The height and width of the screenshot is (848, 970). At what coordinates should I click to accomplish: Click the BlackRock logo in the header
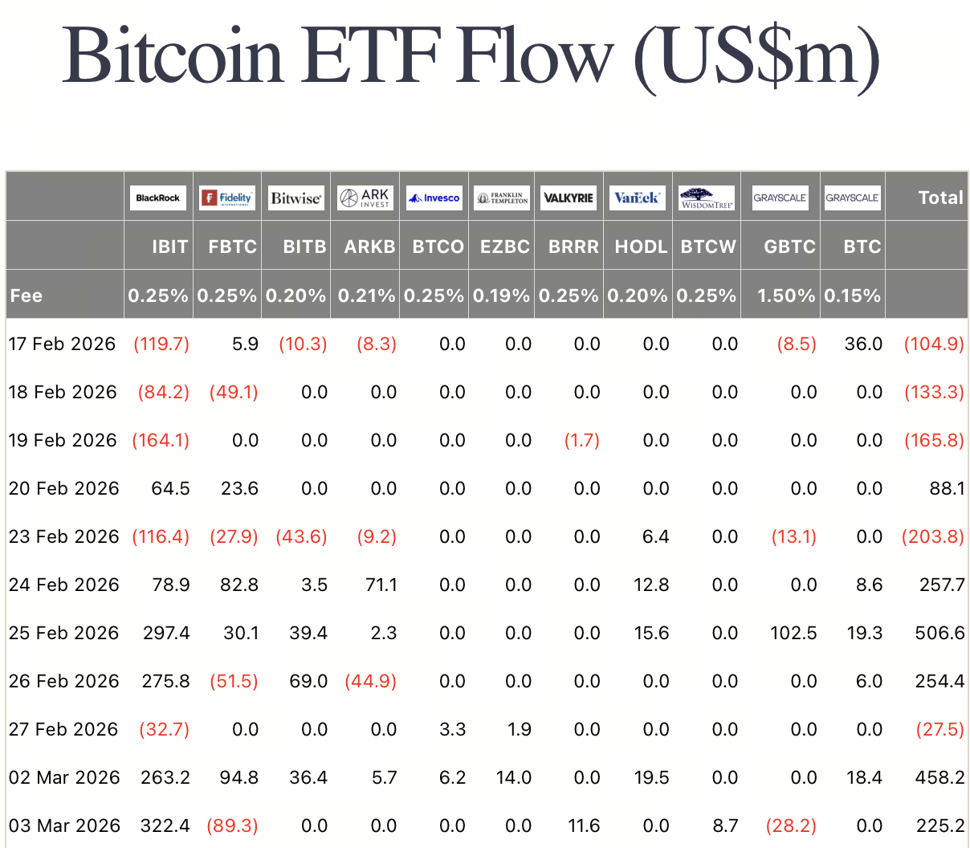tap(157, 198)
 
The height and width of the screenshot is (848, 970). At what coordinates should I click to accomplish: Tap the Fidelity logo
tap(227, 198)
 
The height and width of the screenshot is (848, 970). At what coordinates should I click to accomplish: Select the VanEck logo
tap(637, 198)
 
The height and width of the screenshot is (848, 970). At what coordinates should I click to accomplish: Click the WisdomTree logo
tap(707, 198)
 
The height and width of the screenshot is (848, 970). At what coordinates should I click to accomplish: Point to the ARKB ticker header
tap(369, 247)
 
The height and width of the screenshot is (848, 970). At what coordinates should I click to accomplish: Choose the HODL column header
tap(641, 247)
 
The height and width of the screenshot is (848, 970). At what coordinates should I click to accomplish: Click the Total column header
tap(940, 198)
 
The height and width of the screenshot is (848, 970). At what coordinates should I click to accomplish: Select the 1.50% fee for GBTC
tap(785, 296)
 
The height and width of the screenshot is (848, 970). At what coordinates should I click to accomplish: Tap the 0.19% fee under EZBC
tap(501, 296)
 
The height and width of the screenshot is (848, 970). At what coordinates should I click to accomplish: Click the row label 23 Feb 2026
tap(63, 536)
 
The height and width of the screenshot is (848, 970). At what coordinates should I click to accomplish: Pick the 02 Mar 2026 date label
tap(64, 777)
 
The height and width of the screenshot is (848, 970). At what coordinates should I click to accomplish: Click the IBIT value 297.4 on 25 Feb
tap(166, 633)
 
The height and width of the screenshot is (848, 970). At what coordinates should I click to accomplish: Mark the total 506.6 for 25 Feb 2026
tap(939, 633)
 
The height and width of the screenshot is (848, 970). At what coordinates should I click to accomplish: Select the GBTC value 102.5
tap(793, 633)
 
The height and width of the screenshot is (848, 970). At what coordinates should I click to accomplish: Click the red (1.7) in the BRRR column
tap(581, 440)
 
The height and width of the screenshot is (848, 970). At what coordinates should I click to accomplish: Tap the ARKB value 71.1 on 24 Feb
tap(381, 585)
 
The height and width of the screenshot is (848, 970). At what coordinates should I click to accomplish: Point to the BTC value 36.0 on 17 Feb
tap(863, 344)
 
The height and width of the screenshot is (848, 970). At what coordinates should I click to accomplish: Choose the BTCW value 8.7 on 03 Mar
tap(725, 826)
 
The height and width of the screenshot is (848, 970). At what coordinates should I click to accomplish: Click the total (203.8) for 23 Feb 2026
tap(933, 536)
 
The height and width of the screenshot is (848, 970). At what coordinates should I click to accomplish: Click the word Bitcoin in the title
tap(173, 56)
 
